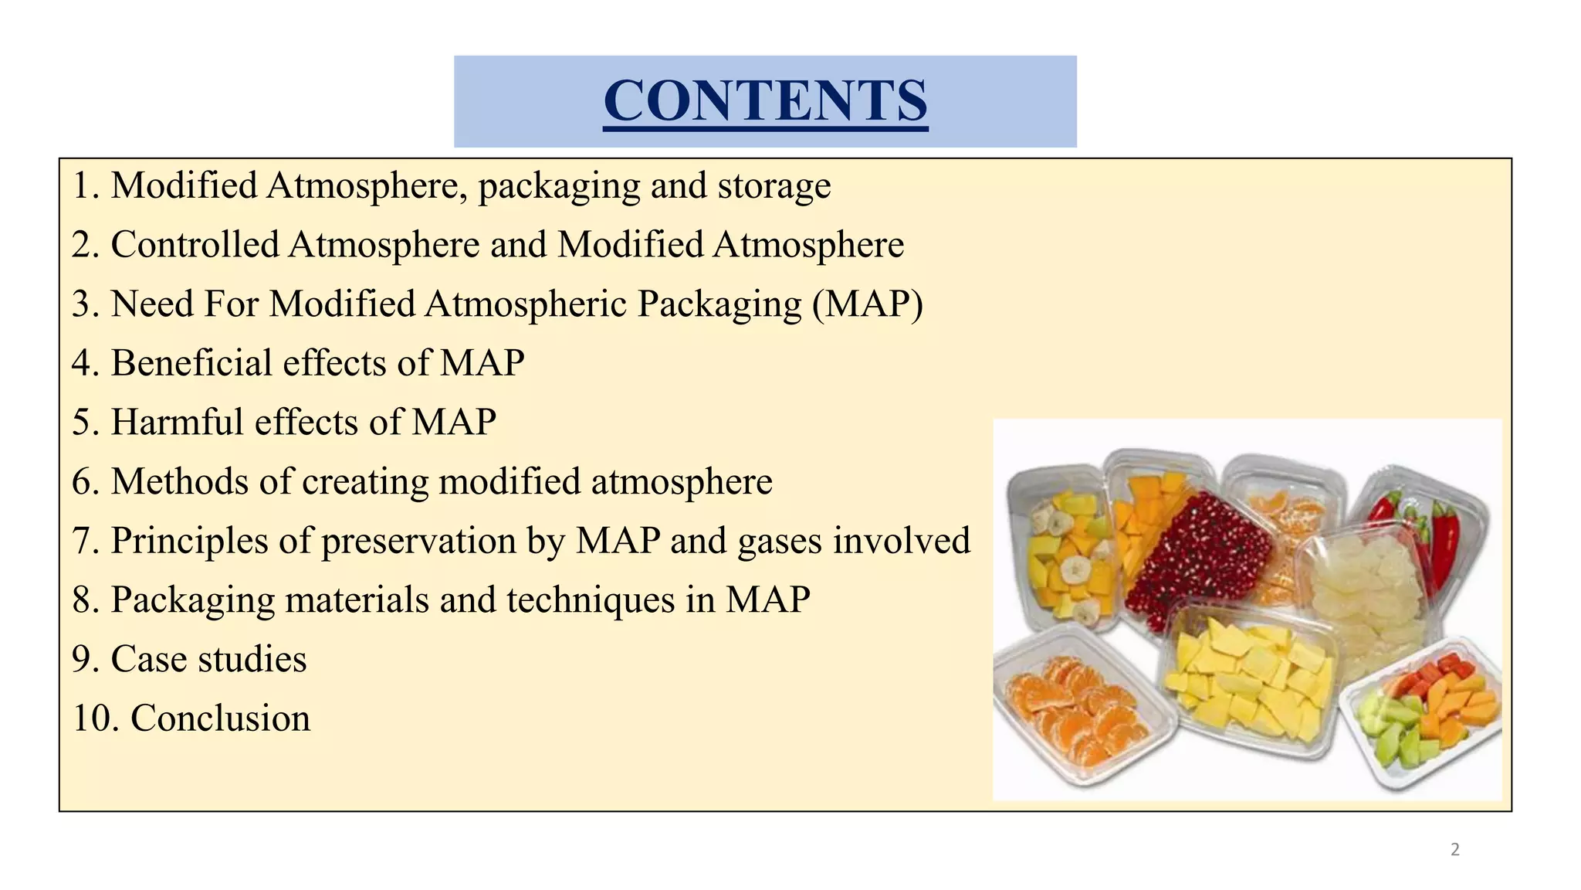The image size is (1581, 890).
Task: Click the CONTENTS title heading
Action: click(x=765, y=101)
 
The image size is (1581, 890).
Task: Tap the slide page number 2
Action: click(x=1455, y=850)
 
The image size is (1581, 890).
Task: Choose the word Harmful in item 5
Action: click(x=177, y=423)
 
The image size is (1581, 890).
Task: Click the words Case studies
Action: click(x=208, y=660)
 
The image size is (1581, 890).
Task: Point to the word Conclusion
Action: click(x=220, y=718)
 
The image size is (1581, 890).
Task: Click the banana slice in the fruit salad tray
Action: click(x=1074, y=571)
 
